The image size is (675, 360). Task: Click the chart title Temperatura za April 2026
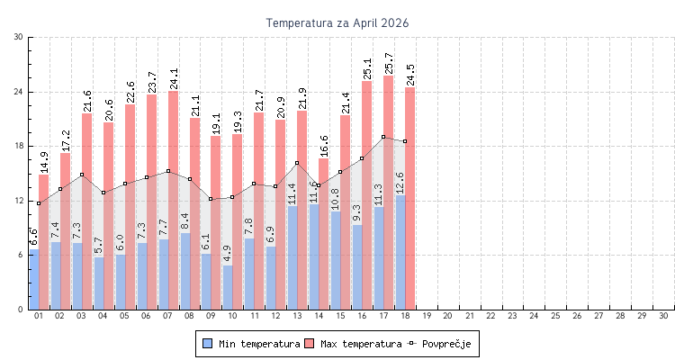click(x=337, y=22)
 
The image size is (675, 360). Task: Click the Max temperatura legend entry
click(x=353, y=344)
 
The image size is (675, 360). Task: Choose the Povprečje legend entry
click(x=438, y=344)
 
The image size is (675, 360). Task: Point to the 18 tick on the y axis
click(x=19, y=147)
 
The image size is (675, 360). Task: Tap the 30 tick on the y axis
click(x=19, y=37)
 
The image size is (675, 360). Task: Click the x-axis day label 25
click(x=555, y=317)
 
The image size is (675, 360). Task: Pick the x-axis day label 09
click(x=211, y=317)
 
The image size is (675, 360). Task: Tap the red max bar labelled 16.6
click(x=324, y=234)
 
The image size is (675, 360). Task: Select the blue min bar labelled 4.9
click(x=228, y=288)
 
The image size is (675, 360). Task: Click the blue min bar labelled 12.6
click(x=400, y=252)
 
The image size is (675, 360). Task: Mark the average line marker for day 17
click(x=383, y=137)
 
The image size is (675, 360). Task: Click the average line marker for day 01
click(x=39, y=203)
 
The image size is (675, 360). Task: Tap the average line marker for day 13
click(x=297, y=163)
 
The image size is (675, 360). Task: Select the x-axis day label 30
click(x=663, y=317)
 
